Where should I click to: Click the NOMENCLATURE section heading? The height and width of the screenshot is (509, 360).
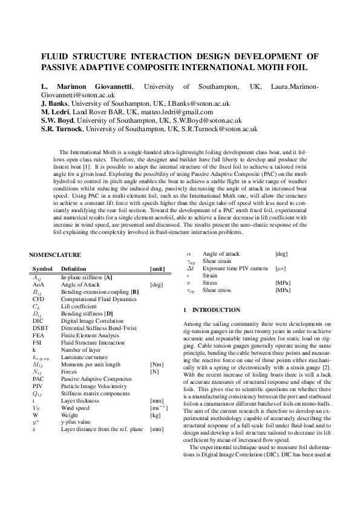click(55, 255)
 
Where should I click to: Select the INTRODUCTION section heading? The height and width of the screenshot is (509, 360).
click(206, 310)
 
